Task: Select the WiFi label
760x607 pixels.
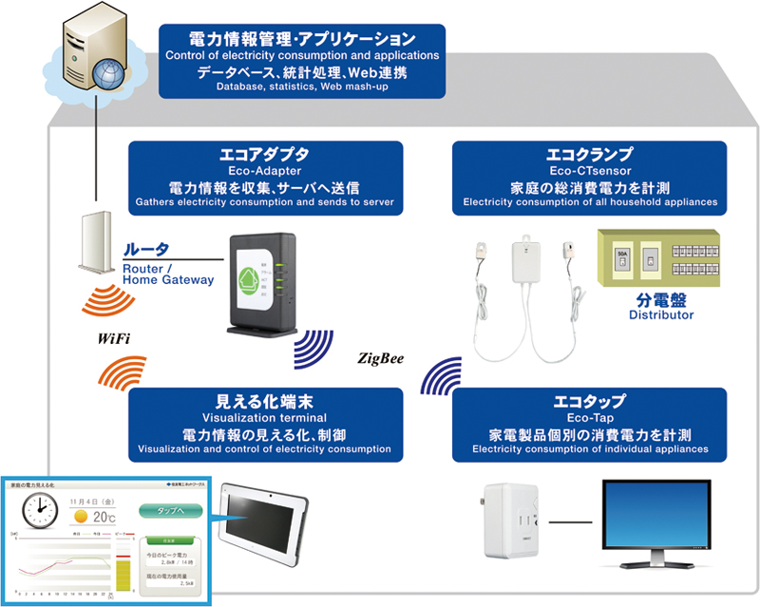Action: tap(113, 338)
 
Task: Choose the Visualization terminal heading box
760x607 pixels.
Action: tap(265, 422)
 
